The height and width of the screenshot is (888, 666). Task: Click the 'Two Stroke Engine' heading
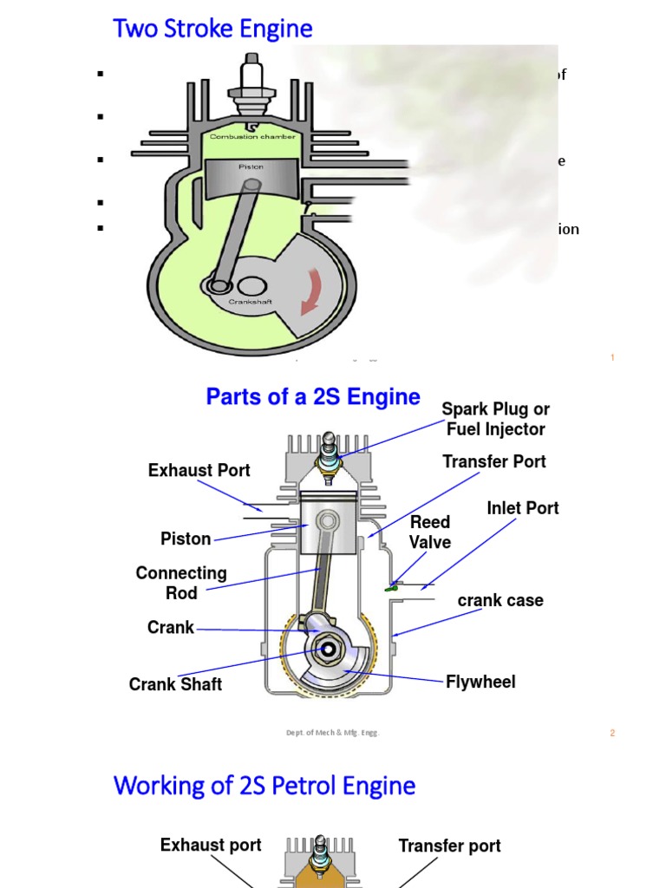212,29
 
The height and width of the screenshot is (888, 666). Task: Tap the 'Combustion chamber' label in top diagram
252,136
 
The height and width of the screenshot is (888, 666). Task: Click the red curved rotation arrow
310,291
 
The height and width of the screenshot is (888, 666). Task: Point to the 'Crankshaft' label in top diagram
251,302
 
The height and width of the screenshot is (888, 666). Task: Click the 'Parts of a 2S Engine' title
313,397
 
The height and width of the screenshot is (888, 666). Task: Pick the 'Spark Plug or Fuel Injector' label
495,419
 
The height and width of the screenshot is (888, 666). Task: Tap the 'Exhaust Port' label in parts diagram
199,470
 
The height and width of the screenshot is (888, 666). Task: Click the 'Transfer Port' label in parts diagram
494,461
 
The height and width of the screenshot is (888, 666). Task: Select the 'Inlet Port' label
522,508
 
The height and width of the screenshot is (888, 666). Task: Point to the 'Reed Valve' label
430,532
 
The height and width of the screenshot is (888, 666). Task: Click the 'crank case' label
500,600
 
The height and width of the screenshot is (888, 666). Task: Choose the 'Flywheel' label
480,682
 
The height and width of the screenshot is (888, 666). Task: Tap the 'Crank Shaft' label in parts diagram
175,684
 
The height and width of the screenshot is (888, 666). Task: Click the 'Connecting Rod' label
181,583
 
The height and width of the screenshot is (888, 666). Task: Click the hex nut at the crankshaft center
329,648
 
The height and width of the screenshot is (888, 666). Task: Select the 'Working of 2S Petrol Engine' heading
264,786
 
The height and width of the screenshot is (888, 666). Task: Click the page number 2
612,733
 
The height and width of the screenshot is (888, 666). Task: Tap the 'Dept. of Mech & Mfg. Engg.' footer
332,733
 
